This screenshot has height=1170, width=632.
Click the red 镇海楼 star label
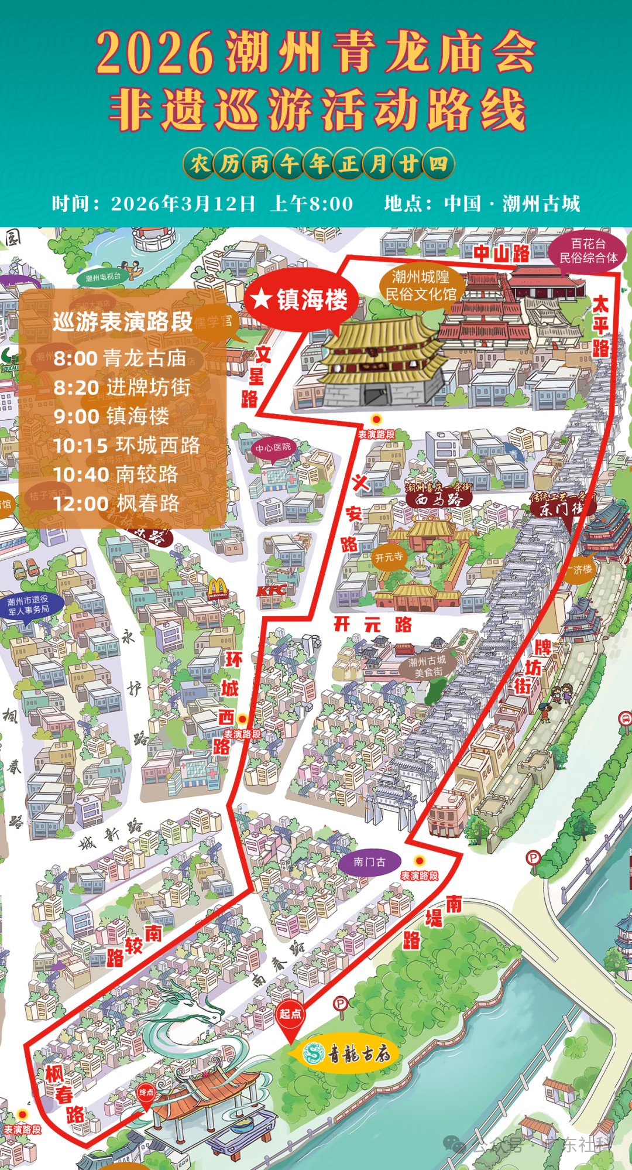[301, 300]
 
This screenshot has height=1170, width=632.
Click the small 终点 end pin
[146, 1093]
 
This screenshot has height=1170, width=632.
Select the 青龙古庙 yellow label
[348, 1054]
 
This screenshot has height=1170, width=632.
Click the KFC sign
[272, 590]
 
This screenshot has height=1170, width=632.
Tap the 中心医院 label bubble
[273, 448]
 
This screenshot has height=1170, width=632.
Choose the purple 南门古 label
[369, 863]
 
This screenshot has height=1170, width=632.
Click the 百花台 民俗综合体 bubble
[588, 251]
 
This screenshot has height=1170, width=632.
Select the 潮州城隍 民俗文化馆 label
[421, 285]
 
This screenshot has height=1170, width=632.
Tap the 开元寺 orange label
[389, 557]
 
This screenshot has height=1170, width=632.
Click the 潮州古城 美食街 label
[427, 666]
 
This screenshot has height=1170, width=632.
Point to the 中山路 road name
[502, 254]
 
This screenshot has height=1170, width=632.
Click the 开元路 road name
[373, 624]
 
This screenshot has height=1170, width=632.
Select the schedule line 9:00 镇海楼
[111, 416]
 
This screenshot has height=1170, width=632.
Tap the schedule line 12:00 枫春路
[116, 504]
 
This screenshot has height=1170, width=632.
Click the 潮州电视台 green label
[103, 277]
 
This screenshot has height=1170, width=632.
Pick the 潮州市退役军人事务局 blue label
[28, 605]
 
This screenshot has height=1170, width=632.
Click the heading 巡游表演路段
[122, 321]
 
